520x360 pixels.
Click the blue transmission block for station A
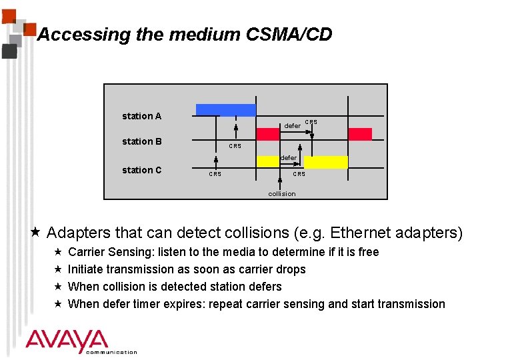pyautogui.click(x=225, y=110)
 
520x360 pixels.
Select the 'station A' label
pyautogui.click(x=141, y=116)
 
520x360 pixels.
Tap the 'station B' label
pyautogui.click(x=141, y=141)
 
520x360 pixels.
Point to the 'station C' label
pyautogui.click(x=141, y=170)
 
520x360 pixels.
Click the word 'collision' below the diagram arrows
pyautogui.click(x=281, y=193)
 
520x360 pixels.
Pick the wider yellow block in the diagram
pyautogui.click(x=326, y=162)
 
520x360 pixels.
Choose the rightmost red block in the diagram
pyautogui.click(x=360, y=134)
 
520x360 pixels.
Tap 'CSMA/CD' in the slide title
pyautogui.click(x=294, y=35)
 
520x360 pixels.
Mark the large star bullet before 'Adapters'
pyautogui.click(x=36, y=232)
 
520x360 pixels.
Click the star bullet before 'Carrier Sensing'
pyautogui.click(x=58, y=251)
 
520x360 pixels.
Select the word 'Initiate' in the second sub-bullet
pyautogui.click(x=87, y=269)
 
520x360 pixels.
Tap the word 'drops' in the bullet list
pyautogui.click(x=291, y=269)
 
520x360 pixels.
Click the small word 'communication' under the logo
pyautogui.click(x=111, y=352)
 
